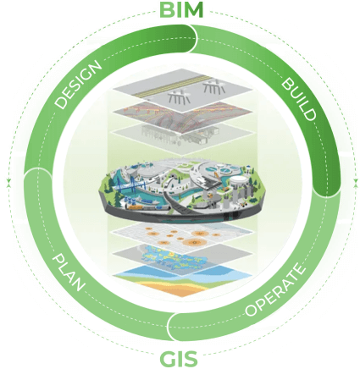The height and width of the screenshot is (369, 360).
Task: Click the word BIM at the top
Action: pos(181,12)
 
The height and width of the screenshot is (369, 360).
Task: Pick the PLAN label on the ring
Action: pos(68,272)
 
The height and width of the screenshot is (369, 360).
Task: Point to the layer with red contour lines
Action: pos(180,112)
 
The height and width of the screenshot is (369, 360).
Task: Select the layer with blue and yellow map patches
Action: pos(180,256)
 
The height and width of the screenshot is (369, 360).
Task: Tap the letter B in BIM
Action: pos(165,12)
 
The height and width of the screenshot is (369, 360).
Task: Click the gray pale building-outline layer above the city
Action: pos(180,133)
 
